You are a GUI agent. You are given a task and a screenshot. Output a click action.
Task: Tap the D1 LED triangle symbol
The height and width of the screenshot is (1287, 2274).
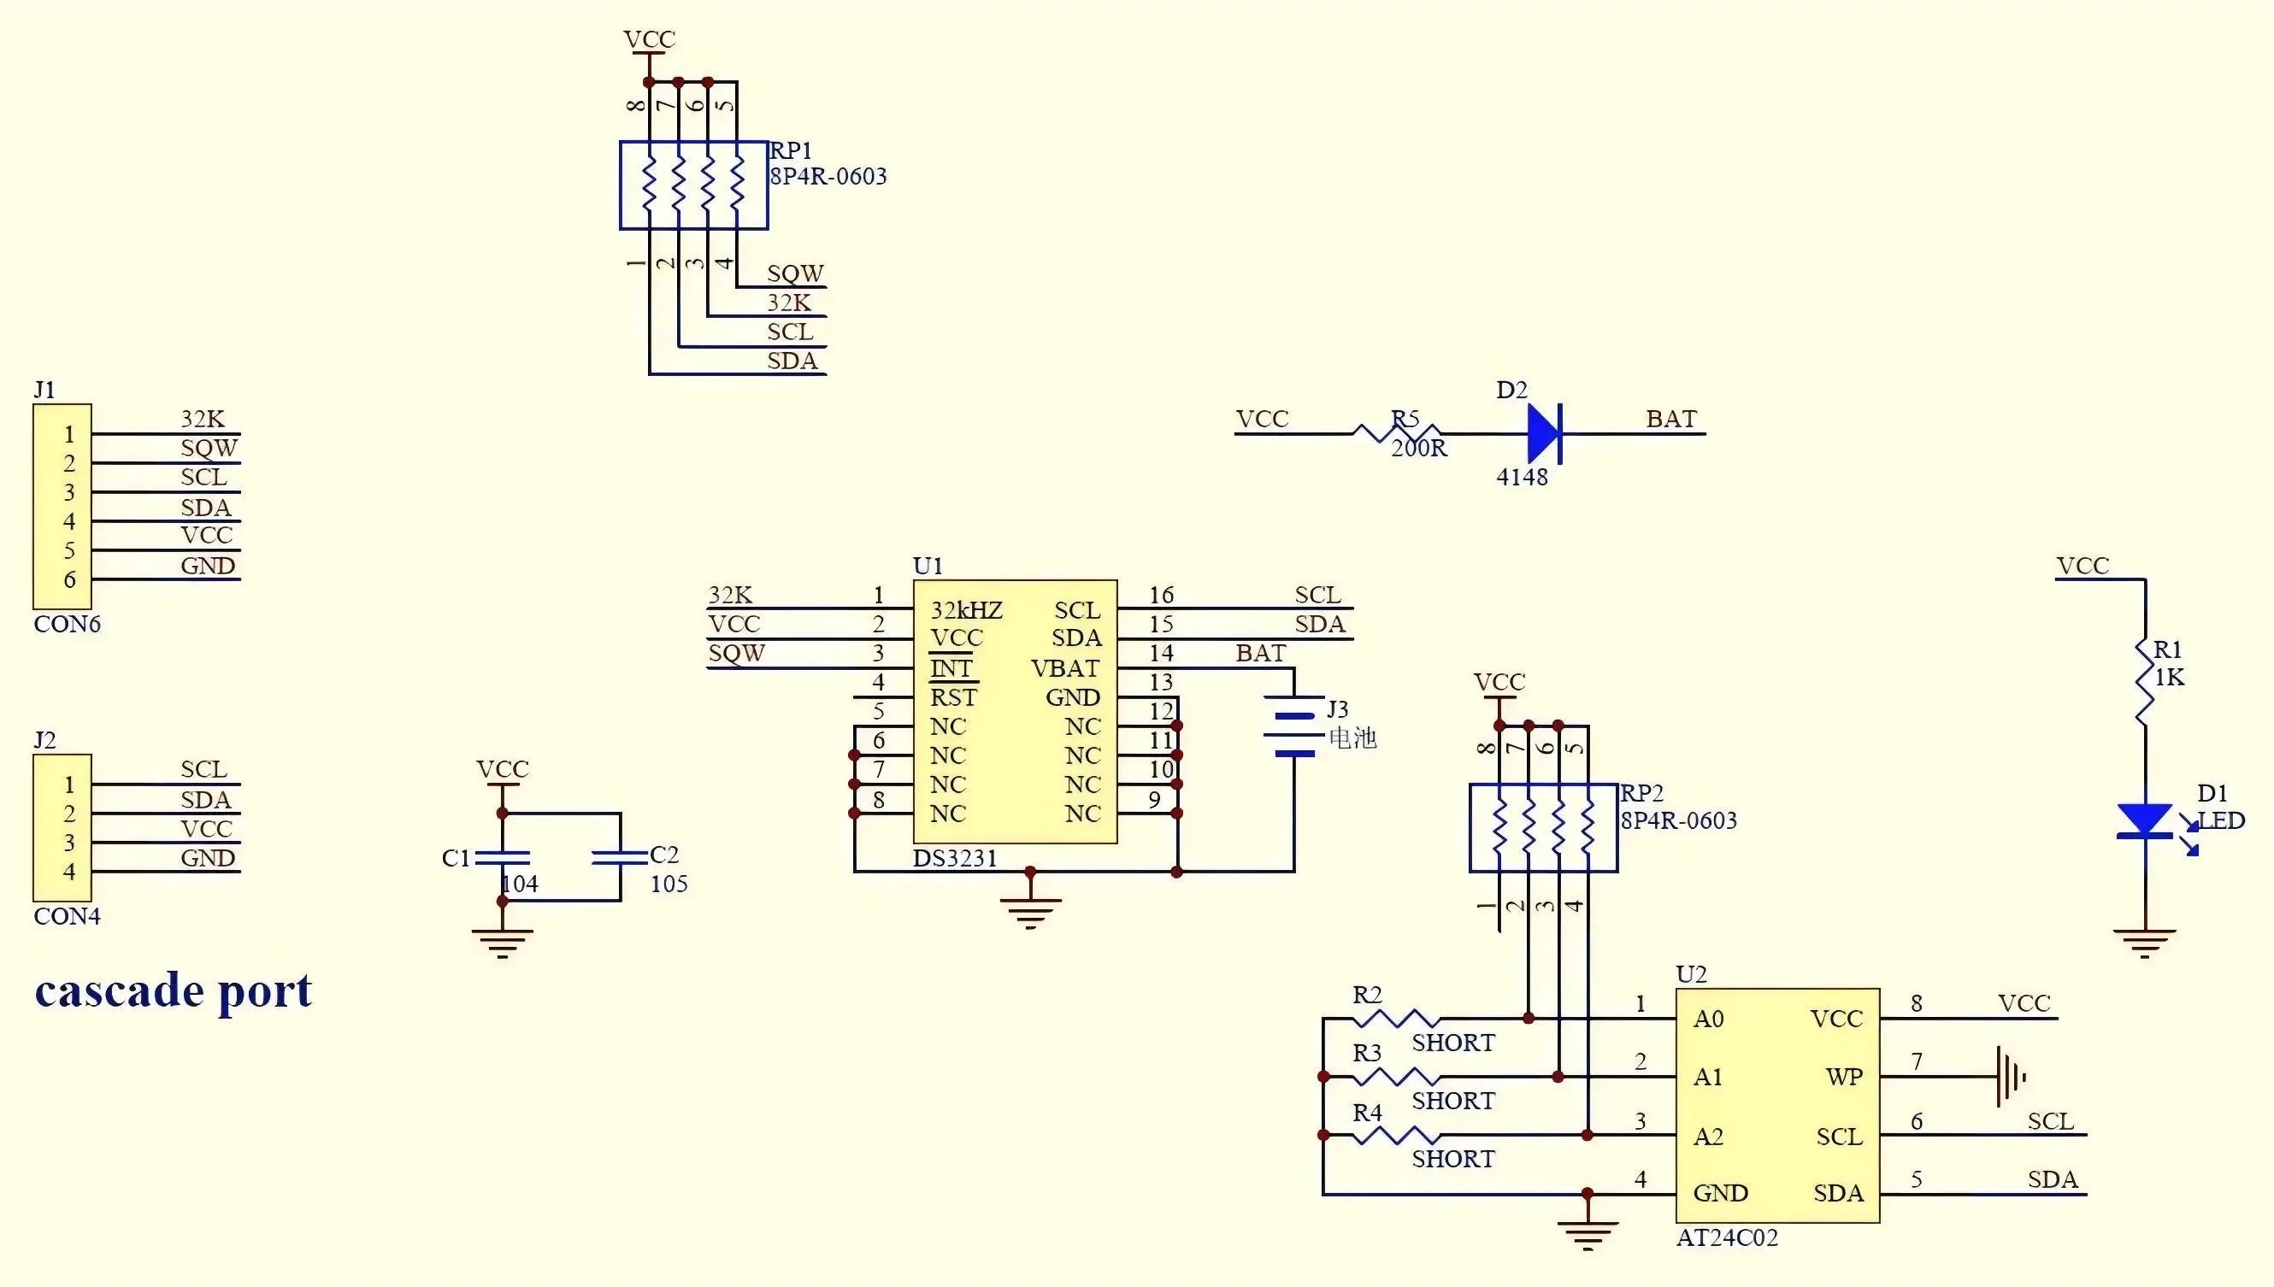(x=2144, y=820)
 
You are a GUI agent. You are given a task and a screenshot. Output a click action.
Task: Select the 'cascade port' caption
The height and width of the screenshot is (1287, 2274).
(x=174, y=990)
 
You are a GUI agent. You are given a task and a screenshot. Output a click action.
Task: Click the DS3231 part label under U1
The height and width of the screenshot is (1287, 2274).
(x=955, y=858)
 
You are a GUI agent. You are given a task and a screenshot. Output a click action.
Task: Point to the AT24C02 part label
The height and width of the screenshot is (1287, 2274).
(x=1726, y=1237)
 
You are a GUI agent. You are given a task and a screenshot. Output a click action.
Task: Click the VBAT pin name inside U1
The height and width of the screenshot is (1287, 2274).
(x=1065, y=668)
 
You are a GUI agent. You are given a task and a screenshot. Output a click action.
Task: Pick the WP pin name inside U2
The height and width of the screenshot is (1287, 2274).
(x=1843, y=1077)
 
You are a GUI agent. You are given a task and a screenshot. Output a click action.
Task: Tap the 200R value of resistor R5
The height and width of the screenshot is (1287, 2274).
(x=1418, y=449)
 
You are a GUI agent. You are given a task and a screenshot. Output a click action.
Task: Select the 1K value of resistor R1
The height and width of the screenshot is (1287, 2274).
(x=2169, y=678)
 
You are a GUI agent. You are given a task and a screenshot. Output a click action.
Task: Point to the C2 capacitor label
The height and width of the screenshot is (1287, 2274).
(x=664, y=855)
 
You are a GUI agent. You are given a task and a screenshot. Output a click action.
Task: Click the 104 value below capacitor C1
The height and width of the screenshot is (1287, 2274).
(x=520, y=884)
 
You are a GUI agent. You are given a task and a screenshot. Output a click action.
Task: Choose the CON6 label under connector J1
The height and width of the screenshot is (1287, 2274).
(x=68, y=624)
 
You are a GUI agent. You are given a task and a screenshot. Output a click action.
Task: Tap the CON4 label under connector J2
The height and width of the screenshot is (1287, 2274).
(x=68, y=917)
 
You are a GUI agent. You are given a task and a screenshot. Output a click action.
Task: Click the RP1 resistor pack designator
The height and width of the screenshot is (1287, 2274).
(x=791, y=150)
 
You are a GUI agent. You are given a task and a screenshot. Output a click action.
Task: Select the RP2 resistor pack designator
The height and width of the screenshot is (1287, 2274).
(x=1641, y=793)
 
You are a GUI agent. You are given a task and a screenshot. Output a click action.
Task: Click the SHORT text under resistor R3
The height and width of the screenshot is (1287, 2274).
(x=1452, y=1102)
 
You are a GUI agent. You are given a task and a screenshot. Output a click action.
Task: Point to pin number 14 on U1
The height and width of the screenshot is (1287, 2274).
(x=1161, y=653)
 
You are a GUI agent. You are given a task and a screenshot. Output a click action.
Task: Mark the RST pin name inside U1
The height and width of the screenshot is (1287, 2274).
(x=953, y=697)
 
